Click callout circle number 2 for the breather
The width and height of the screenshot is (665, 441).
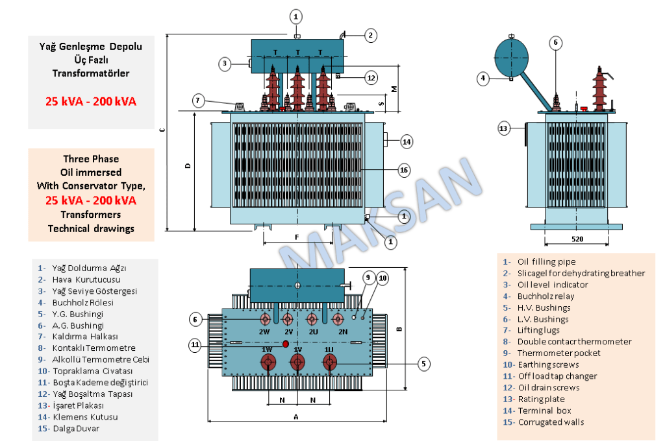pos(370,36)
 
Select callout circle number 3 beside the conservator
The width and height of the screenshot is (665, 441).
pos(225,64)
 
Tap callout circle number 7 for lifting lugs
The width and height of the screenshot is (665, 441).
pos(199,101)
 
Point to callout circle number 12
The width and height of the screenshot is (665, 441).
pos(371,78)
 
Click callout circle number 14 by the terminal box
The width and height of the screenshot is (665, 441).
pos(406,141)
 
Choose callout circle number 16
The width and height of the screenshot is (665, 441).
pos(404,171)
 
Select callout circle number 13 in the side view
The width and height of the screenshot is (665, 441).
pos(505,128)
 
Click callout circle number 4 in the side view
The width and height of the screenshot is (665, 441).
pos(483,78)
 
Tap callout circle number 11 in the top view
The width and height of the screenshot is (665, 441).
pos(195,345)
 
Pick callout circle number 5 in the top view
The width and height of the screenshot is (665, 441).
pos(423,364)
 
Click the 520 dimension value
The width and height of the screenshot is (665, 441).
pos(577,239)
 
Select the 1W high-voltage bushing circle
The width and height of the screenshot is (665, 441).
pos(266,364)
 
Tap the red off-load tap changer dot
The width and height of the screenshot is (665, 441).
pos(286,343)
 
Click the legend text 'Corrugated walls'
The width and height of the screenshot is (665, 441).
pos(551,422)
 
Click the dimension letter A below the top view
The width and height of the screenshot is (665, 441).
pos(296,417)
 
